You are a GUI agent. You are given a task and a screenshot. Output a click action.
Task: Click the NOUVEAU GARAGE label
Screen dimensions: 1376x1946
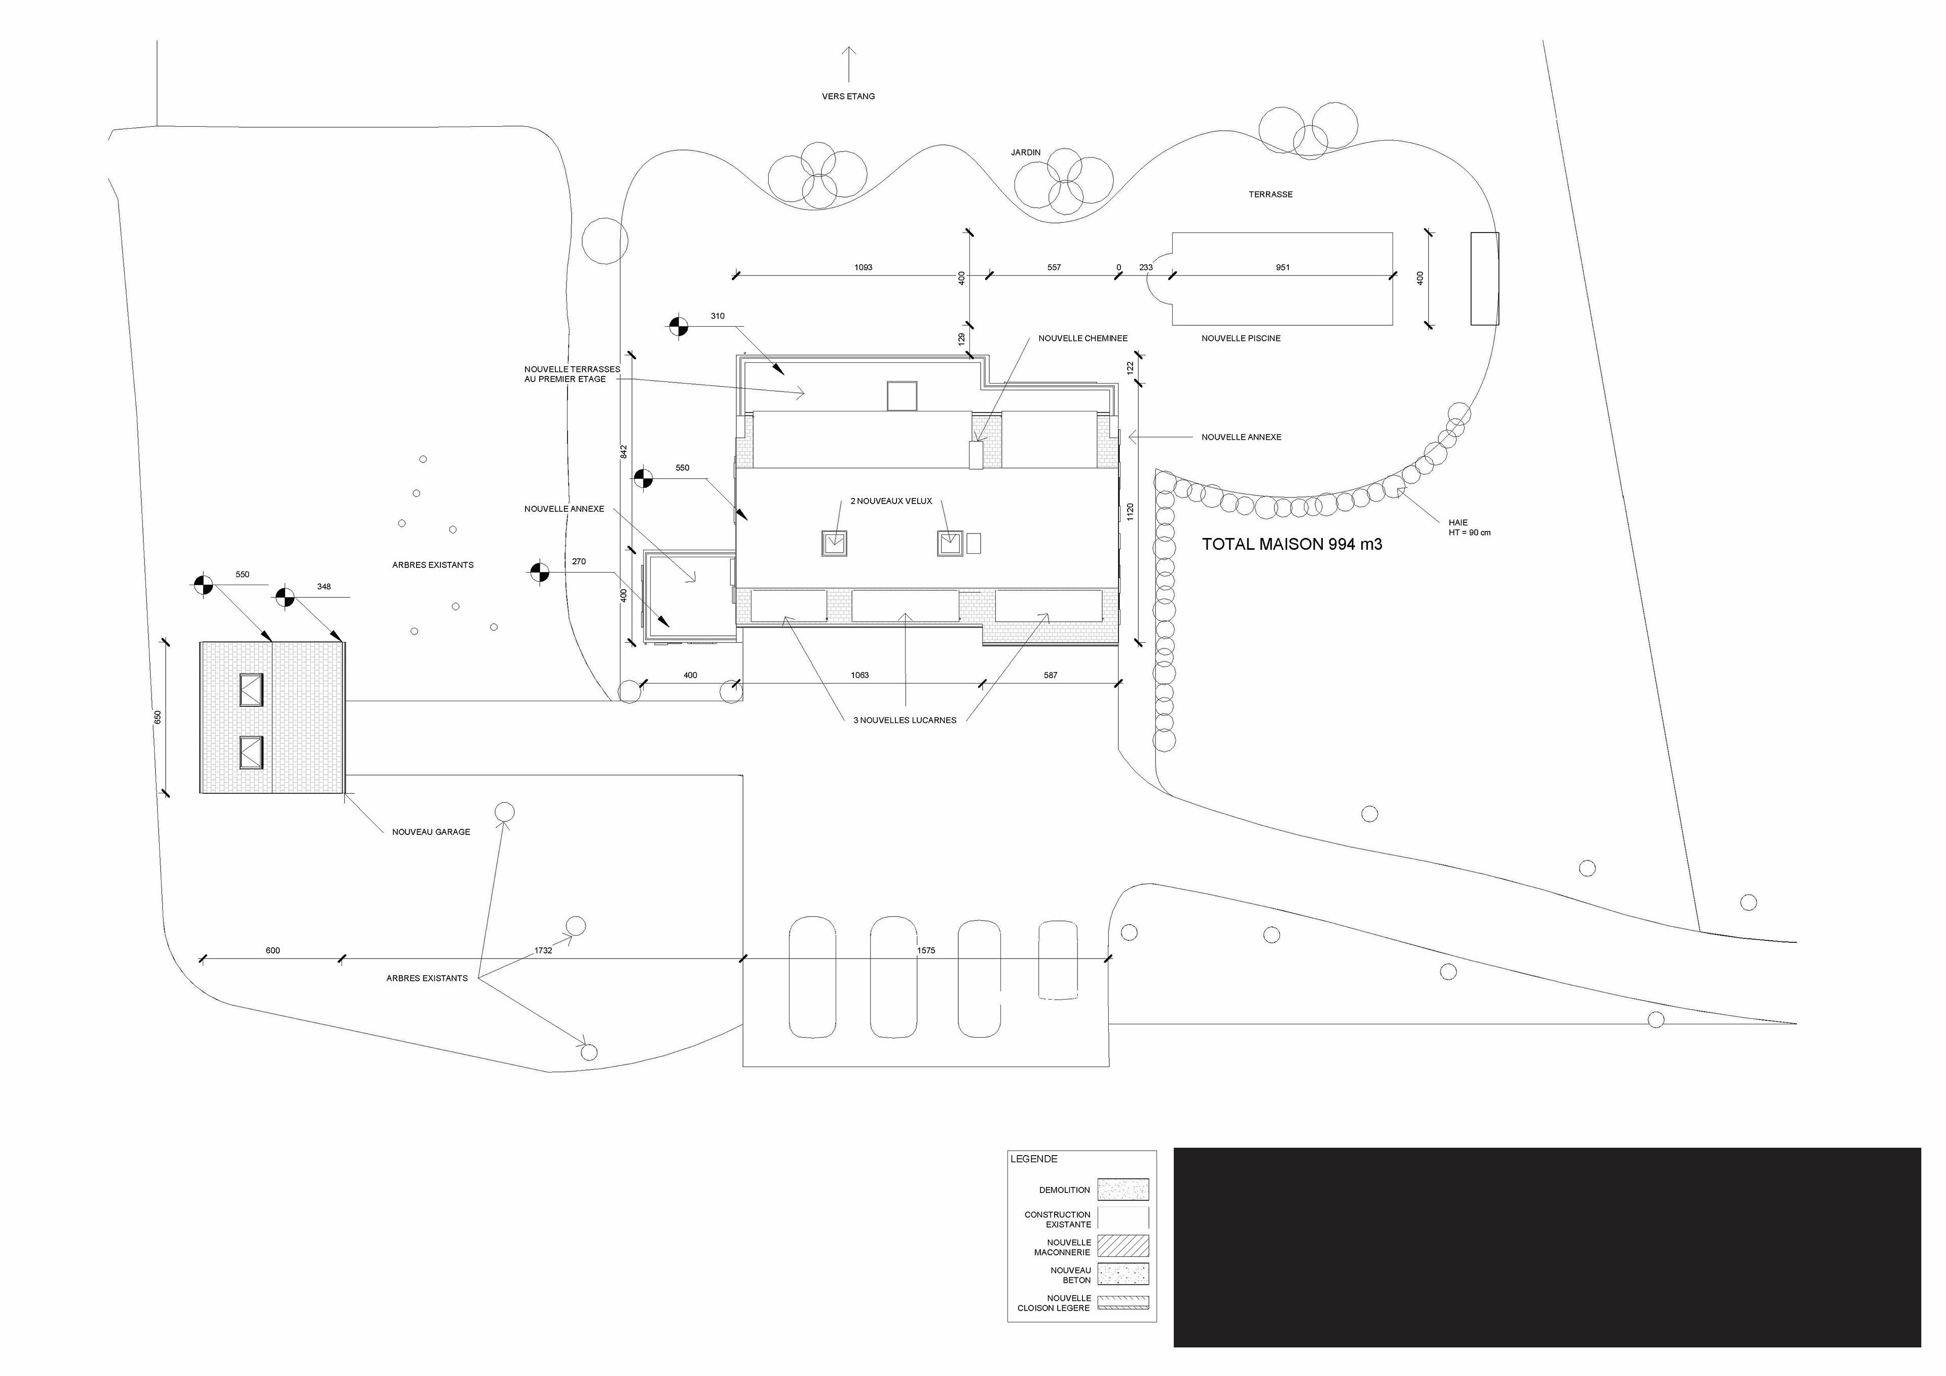(x=431, y=832)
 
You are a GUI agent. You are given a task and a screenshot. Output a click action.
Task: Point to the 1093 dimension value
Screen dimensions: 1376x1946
(x=863, y=267)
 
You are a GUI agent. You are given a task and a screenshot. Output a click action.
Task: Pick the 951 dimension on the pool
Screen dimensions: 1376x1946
(x=1282, y=267)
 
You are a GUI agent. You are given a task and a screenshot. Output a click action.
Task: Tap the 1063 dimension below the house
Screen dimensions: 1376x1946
(x=859, y=675)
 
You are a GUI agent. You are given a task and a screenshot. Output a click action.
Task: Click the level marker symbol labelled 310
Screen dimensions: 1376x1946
(x=678, y=326)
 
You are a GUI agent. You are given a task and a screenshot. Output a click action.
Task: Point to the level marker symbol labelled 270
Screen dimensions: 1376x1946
(x=539, y=573)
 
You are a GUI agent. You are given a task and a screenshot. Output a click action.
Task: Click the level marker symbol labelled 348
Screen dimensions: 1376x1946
(x=285, y=597)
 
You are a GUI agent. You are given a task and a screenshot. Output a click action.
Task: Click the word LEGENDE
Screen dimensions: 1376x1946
(x=1033, y=1159)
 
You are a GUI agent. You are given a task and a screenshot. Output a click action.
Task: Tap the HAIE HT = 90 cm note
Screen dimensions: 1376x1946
(x=1469, y=528)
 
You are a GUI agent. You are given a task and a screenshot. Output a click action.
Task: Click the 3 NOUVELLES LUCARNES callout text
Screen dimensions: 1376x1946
(x=905, y=720)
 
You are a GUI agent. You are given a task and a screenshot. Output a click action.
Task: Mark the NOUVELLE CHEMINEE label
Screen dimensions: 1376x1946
(x=1082, y=338)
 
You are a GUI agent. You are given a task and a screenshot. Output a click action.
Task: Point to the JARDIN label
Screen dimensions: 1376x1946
(x=1026, y=152)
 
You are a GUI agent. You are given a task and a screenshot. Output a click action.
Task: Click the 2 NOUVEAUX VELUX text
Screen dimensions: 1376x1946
(x=891, y=502)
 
